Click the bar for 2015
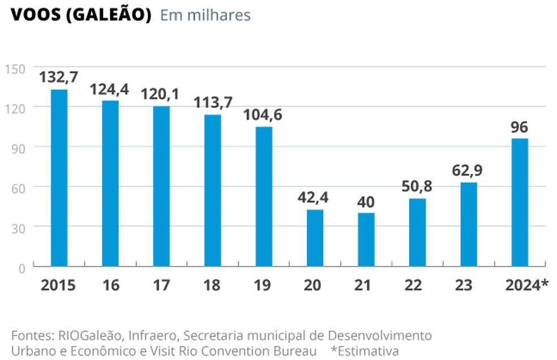point(59,177)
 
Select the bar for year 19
point(263,196)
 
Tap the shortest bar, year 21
point(366,239)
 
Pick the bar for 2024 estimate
point(520,202)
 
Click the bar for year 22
point(417,232)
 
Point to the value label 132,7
point(58,76)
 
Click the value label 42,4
point(314,197)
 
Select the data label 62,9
point(468,170)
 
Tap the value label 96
point(519,126)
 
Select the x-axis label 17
point(161,285)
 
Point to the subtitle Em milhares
point(205,15)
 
